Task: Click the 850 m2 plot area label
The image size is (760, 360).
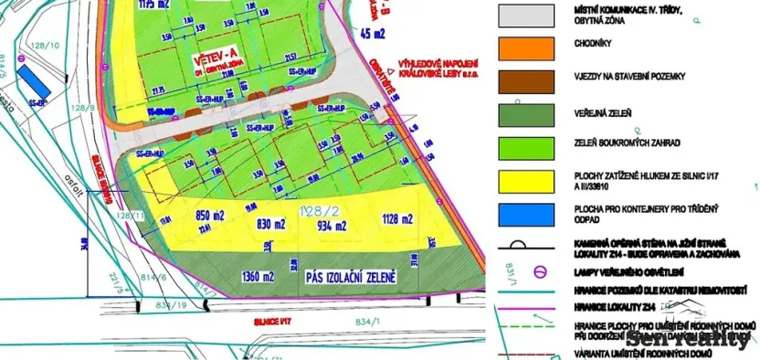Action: tap(210, 218)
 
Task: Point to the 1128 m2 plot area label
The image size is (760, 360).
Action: tap(396, 218)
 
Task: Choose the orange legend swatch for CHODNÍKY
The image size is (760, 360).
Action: tap(525, 48)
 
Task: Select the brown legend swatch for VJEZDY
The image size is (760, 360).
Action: tap(525, 80)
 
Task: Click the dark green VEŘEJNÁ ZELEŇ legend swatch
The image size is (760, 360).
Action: tap(525, 114)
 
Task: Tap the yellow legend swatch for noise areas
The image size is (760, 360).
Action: tap(525, 180)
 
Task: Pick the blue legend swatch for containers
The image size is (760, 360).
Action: tap(525, 213)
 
